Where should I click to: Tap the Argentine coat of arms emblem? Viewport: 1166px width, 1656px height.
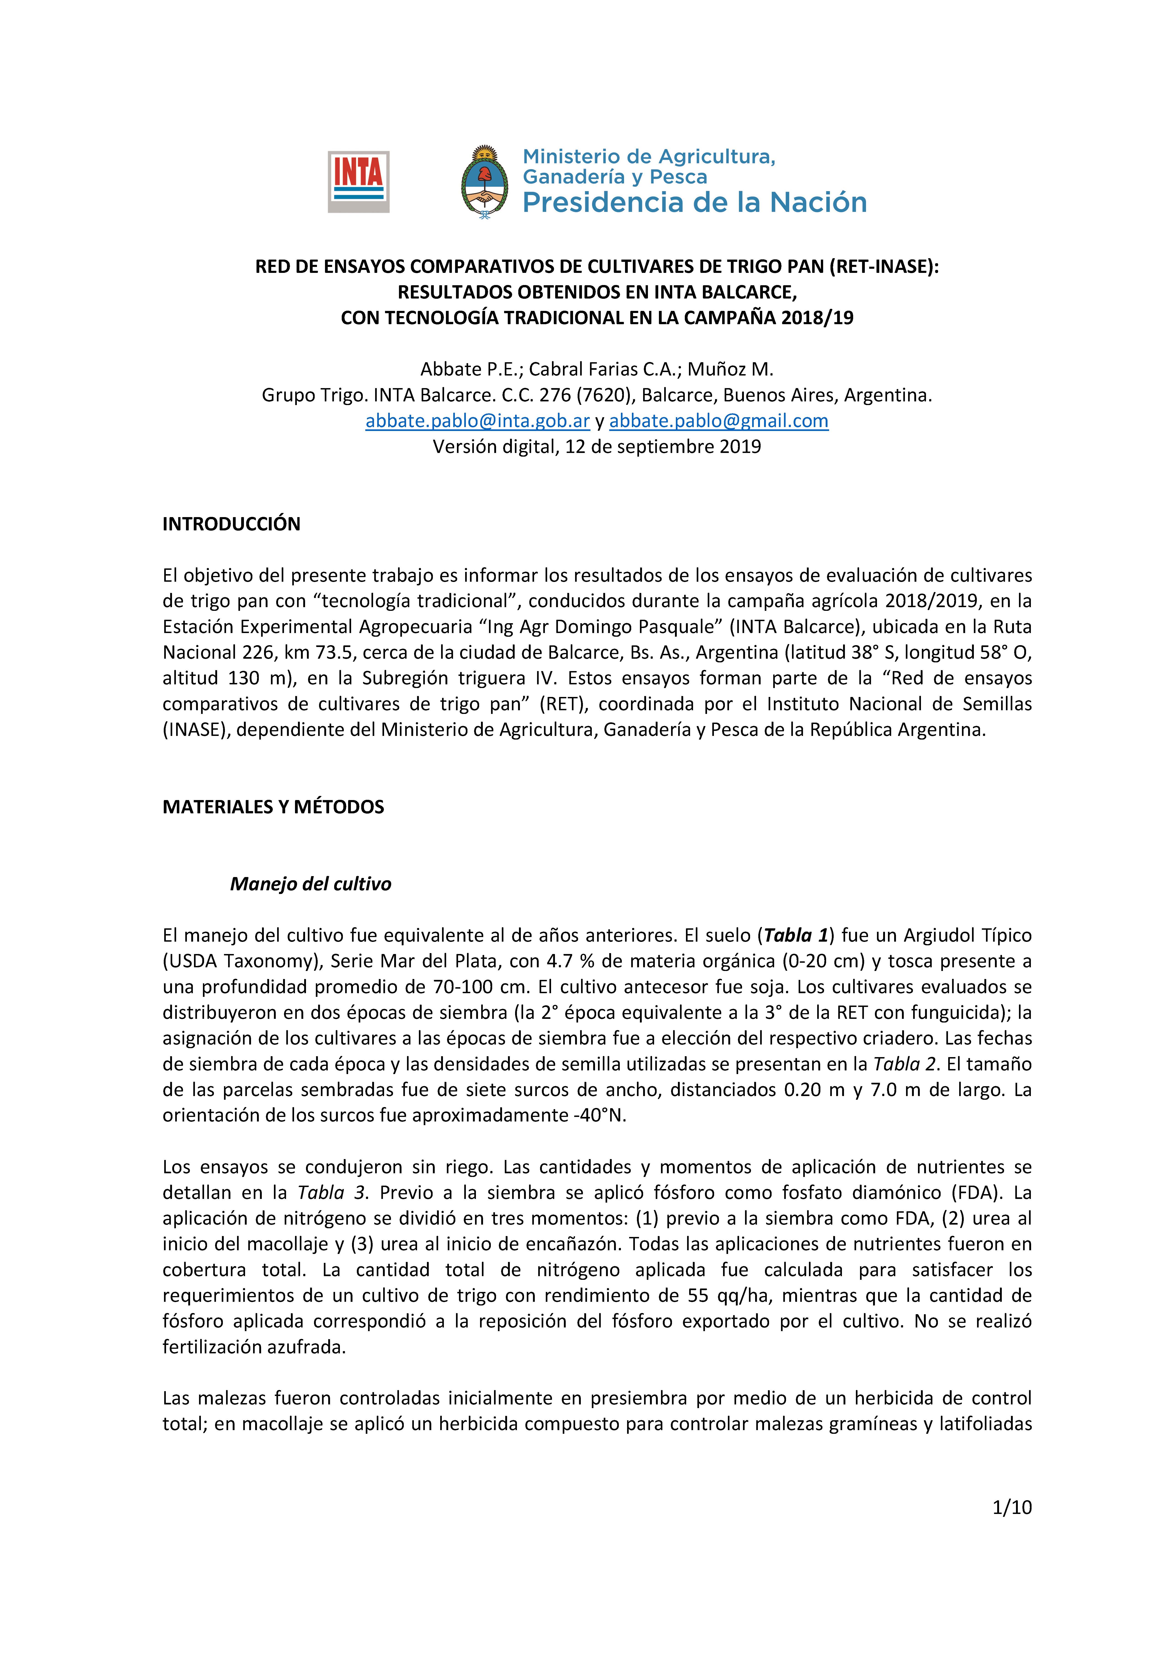tap(484, 182)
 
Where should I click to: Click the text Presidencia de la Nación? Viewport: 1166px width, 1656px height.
tap(694, 203)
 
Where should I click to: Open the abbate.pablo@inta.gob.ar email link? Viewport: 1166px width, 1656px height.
tap(477, 421)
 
